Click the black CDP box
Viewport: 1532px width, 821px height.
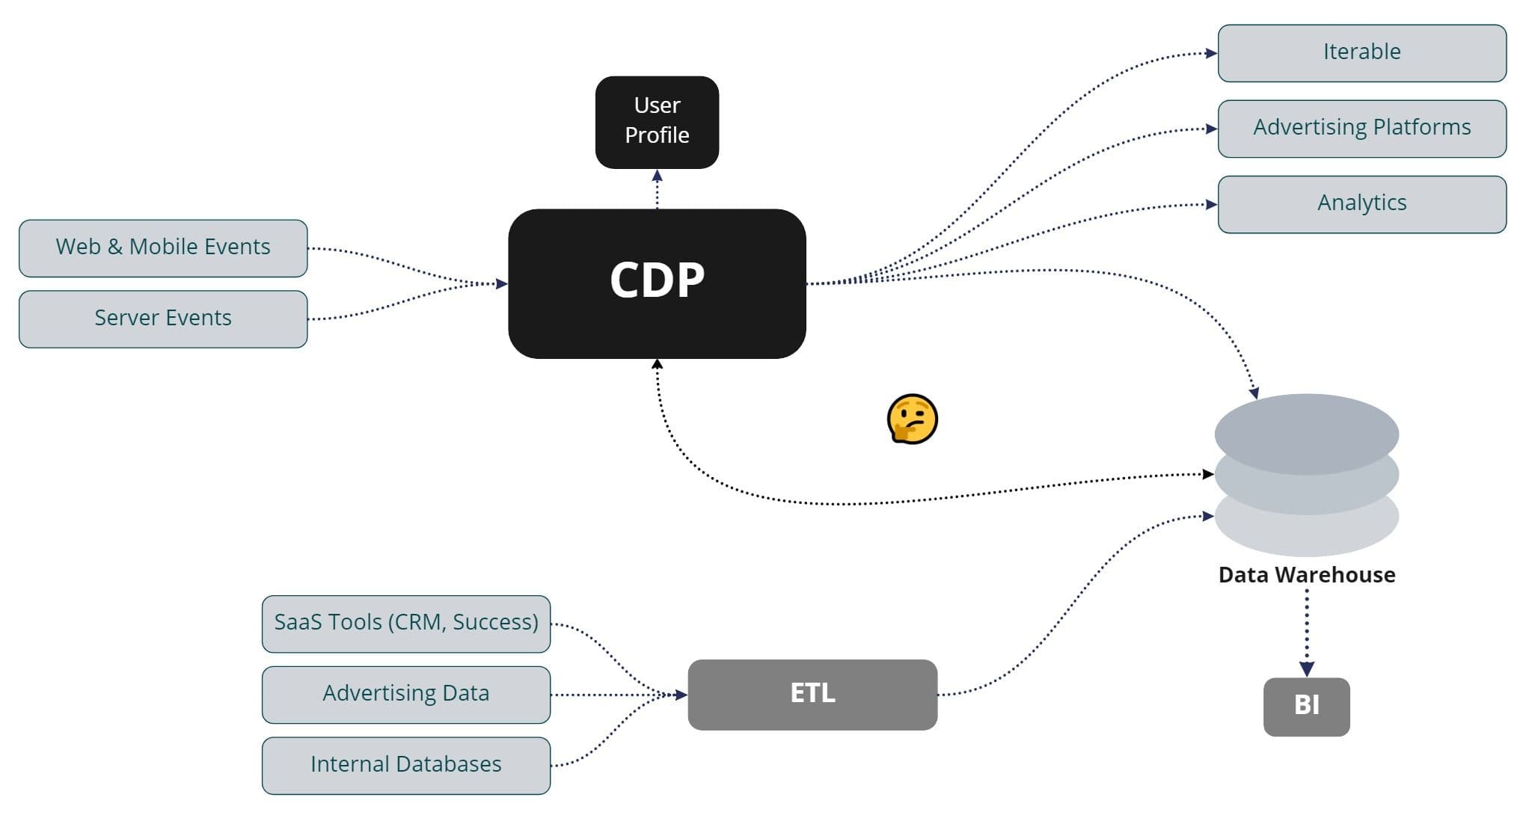657,283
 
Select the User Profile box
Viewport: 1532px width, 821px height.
657,122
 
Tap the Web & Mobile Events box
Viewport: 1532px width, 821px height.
163,247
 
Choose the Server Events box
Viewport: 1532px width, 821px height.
163,319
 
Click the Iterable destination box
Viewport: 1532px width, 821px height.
1361,53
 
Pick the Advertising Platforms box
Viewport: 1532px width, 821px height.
1361,129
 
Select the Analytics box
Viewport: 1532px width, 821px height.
1361,204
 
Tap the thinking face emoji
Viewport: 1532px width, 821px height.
912,419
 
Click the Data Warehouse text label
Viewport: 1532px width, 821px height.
1306,574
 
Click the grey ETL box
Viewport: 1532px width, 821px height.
812,694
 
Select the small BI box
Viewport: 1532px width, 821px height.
1306,706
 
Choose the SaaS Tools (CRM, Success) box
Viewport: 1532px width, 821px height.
406,623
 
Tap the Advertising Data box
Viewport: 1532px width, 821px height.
406,694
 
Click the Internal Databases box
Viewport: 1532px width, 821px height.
406,765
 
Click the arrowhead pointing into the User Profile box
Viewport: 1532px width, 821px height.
657,176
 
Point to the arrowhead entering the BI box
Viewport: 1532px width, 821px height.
1306,668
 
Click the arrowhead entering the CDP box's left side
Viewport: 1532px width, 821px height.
501,283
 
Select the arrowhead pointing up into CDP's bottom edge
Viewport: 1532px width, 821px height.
657,365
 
